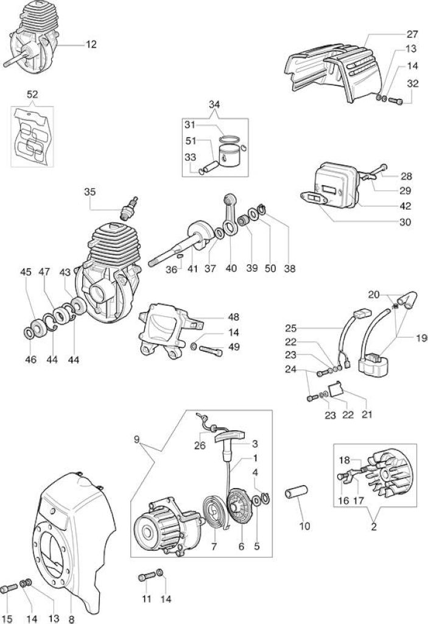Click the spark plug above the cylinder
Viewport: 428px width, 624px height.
coord(128,208)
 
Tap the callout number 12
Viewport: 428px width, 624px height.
coord(91,44)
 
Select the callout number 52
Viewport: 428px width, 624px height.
coord(32,94)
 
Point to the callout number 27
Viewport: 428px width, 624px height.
coord(413,34)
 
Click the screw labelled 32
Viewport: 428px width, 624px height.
coord(395,101)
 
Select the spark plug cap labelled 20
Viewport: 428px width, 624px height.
coord(407,299)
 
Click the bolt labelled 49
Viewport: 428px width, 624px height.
coord(211,351)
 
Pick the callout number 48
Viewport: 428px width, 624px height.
coord(234,317)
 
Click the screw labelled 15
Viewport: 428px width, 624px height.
coord(9,588)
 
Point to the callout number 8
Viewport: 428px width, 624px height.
coord(72,619)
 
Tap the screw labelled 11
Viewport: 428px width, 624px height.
coord(147,576)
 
